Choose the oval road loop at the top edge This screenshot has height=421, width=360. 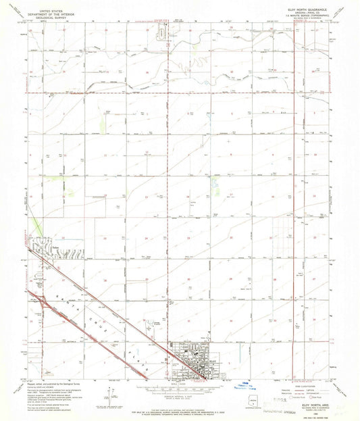point(162,33)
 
